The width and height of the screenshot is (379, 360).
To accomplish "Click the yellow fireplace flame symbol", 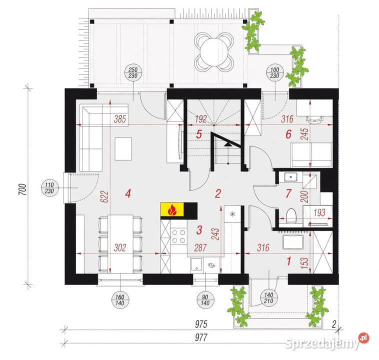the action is pos(172,209).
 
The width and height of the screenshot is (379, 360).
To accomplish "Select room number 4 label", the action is pos(128,193).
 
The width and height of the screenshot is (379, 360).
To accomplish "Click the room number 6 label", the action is pos(288,134).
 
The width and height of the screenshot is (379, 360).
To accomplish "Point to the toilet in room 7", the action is pos(291,215).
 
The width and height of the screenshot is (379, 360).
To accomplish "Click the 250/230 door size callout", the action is pos(133,73).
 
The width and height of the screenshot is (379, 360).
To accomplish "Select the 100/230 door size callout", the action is pos(275,73).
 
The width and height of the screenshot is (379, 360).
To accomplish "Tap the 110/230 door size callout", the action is pos(49,188).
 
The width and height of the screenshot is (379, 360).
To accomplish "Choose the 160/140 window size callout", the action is pos(120,300).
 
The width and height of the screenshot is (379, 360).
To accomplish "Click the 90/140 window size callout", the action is pos(205,300).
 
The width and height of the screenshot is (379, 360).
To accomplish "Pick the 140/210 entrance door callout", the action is pos(268,298).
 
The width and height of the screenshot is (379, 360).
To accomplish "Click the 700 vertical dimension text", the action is pos(22,189).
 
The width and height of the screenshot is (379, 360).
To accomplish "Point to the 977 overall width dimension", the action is pos(201,337).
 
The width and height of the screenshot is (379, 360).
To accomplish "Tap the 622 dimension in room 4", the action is pos(104,196).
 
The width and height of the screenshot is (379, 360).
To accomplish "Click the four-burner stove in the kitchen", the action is pos(178,236).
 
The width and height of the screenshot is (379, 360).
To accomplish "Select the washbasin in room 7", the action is pos(290,177).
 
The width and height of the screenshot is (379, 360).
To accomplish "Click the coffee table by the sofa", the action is pos(123,149).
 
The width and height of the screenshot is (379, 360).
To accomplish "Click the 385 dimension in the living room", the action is pos(120,119).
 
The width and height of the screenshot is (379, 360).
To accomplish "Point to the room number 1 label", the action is pos(289,261).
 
